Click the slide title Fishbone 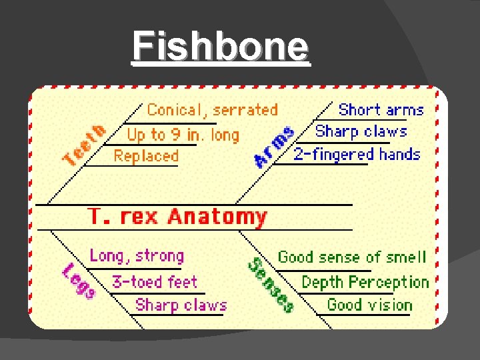pos(221,47)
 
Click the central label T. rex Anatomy pos(177,217)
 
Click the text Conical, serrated pos(212,110)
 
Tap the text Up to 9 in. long pos(183,135)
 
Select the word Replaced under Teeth pos(146,157)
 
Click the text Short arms pos(381,110)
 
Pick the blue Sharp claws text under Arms pos(361,131)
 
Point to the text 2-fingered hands pos(357,155)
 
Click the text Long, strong pos(137,256)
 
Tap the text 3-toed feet pos(155,281)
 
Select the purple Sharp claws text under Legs pos(181,305)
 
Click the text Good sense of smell pos(351,257)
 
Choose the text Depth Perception pos(365,282)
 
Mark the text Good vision pos(369,305)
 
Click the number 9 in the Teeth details pos(175,135)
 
